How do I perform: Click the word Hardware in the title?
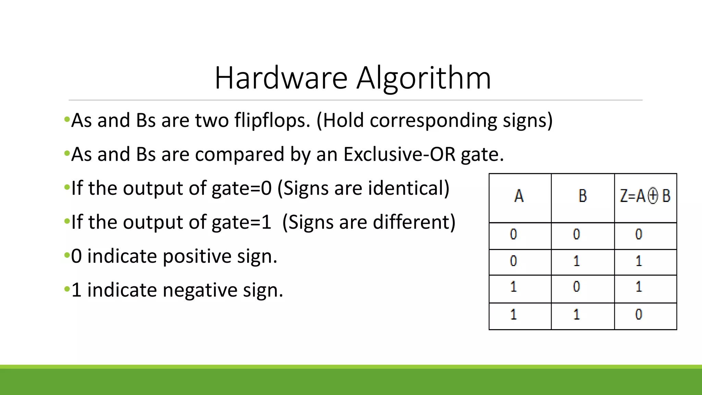tap(281, 78)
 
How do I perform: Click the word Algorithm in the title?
tap(424, 79)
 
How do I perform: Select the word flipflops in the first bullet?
tap(272, 121)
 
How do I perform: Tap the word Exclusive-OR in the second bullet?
tap(399, 154)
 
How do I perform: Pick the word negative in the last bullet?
tap(200, 290)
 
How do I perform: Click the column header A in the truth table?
tap(519, 196)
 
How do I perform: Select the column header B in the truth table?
tap(582, 196)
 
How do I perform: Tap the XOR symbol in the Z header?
tap(653, 196)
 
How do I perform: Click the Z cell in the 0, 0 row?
tap(639, 234)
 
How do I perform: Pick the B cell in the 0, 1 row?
tap(577, 261)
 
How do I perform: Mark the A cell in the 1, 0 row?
tap(513, 287)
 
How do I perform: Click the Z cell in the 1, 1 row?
tap(639, 314)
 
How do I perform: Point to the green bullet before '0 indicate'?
tap(67, 256)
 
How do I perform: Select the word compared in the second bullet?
tap(240, 154)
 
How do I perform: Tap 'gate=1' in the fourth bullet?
tap(241, 222)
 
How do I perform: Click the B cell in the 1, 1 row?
tap(577, 314)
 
